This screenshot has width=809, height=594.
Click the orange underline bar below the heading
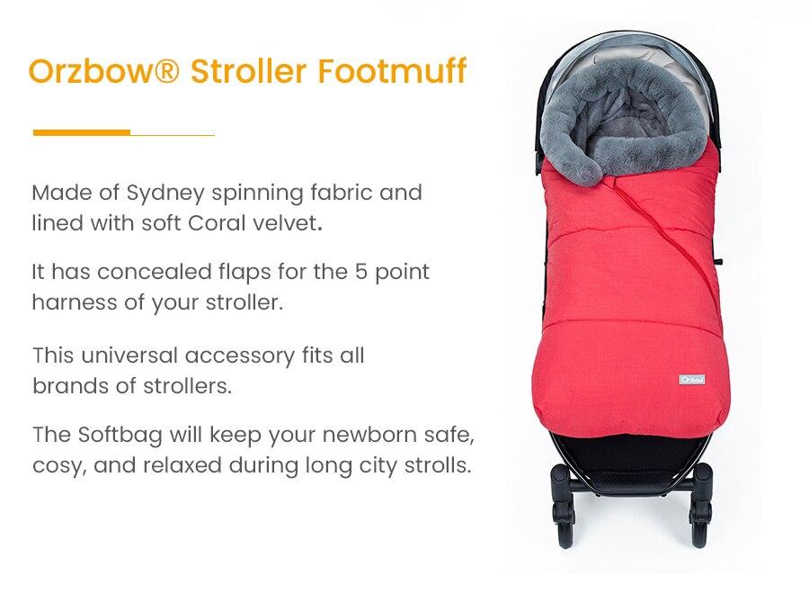(x=82, y=132)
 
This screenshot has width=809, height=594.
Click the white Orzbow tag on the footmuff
(x=691, y=379)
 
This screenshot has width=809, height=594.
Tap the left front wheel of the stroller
(x=565, y=529)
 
